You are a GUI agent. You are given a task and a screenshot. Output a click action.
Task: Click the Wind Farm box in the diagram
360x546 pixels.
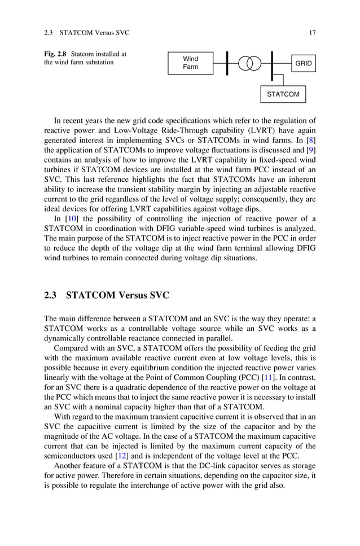(190, 63)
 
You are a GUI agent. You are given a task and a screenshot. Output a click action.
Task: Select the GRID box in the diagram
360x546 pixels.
(303, 64)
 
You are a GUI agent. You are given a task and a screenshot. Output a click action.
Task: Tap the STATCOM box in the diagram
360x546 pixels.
(283, 94)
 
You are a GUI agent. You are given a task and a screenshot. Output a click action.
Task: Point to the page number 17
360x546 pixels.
(312, 33)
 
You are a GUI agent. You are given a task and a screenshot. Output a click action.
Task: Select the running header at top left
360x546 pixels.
(86, 33)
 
